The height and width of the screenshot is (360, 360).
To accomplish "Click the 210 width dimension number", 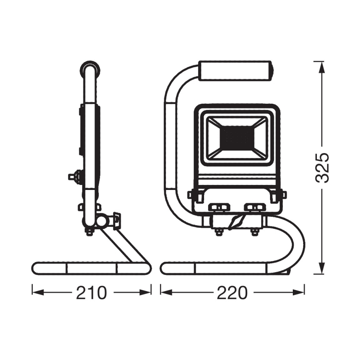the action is click(x=91, y=293).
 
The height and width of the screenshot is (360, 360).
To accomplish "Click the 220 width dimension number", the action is click(x=232, y=293).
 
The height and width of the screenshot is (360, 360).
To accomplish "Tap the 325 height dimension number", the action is click(x=322, y=168).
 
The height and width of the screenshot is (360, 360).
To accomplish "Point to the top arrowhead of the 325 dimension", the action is click(x=322, y=67).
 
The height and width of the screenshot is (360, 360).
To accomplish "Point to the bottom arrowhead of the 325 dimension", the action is click(x=322, y=268).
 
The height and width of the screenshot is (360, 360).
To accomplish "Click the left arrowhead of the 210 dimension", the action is click(x=38, y=292).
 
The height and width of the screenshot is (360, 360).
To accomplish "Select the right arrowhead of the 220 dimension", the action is click(x=298, y=292).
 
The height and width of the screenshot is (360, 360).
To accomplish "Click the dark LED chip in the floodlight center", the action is click(x=237, y=138).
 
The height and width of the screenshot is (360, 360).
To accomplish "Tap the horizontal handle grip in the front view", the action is click(x=236, y=71).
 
